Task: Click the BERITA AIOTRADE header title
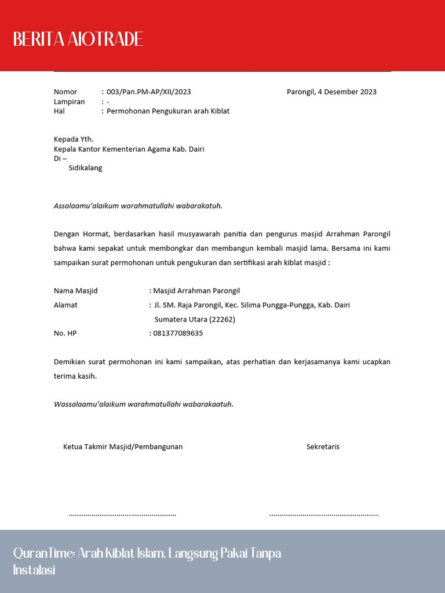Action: (78, 39)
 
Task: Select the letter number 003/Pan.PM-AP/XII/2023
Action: (149, 92)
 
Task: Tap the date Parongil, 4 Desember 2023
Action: (331, 92)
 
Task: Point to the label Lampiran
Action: (69, 102)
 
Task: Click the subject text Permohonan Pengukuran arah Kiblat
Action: (168, 111)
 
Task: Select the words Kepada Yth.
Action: (74, 140)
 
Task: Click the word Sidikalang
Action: (85, 169)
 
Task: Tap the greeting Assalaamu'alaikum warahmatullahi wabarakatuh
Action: (138, 206)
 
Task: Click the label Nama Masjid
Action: (76, 291)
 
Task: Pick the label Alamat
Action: (65, 305)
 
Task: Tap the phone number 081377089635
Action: (178, 334)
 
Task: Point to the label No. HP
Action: (65, 334)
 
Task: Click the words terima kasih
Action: (75, 376)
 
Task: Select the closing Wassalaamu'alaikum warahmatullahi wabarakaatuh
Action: (144, 404)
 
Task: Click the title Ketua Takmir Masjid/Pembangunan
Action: (123, 447)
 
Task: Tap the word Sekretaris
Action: (323, 447)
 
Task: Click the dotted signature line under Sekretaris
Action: (324, 514)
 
